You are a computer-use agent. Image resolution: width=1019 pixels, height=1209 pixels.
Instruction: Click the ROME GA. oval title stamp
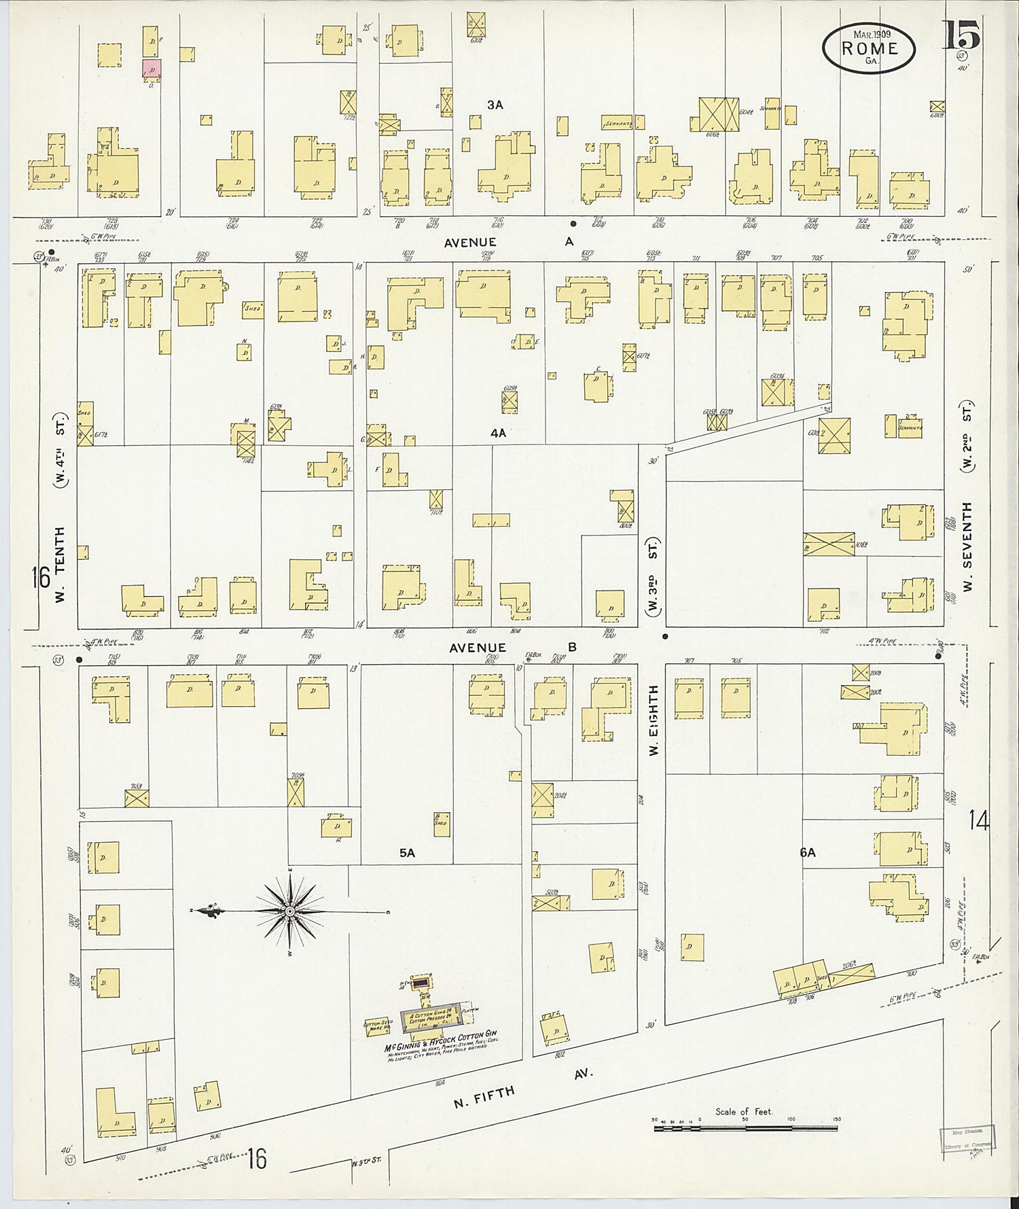pos(869,48)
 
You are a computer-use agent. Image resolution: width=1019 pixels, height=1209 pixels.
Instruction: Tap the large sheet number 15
pos(961,36)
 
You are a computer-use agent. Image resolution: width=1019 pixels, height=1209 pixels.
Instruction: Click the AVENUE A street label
pos(509,242)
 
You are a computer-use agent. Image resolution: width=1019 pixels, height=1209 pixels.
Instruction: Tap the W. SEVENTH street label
pos(967,546)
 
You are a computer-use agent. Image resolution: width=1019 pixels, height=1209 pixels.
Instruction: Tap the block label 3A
pos(495,105)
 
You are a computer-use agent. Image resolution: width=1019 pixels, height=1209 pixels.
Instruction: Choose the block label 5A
pos(407,852)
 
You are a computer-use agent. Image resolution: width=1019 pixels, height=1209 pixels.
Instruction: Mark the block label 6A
pos(807,852)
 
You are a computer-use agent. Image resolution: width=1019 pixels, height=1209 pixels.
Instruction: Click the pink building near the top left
pos(151,68)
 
